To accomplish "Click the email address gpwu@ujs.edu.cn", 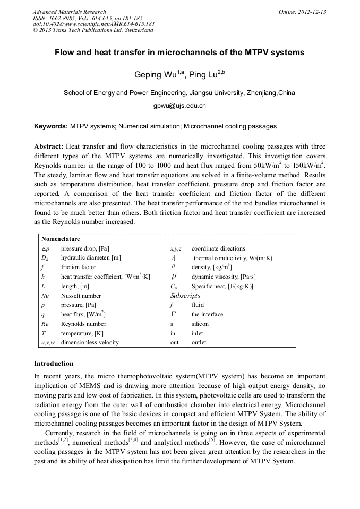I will (179, 106).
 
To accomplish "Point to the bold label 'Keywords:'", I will (50, 127).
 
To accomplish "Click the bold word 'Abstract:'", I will (49, 146).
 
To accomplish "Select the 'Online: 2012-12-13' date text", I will (302, 12).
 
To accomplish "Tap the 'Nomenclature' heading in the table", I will (61, 239).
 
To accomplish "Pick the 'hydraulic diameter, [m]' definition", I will (91, 258).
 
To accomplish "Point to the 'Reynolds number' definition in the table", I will (83, 324).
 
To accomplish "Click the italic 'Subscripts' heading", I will (185, 295).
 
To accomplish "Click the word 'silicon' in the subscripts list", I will (200, 324).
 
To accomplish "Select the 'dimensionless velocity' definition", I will (90, 342).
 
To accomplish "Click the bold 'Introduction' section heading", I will (54, 364).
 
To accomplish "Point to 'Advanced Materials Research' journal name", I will (70, 12).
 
